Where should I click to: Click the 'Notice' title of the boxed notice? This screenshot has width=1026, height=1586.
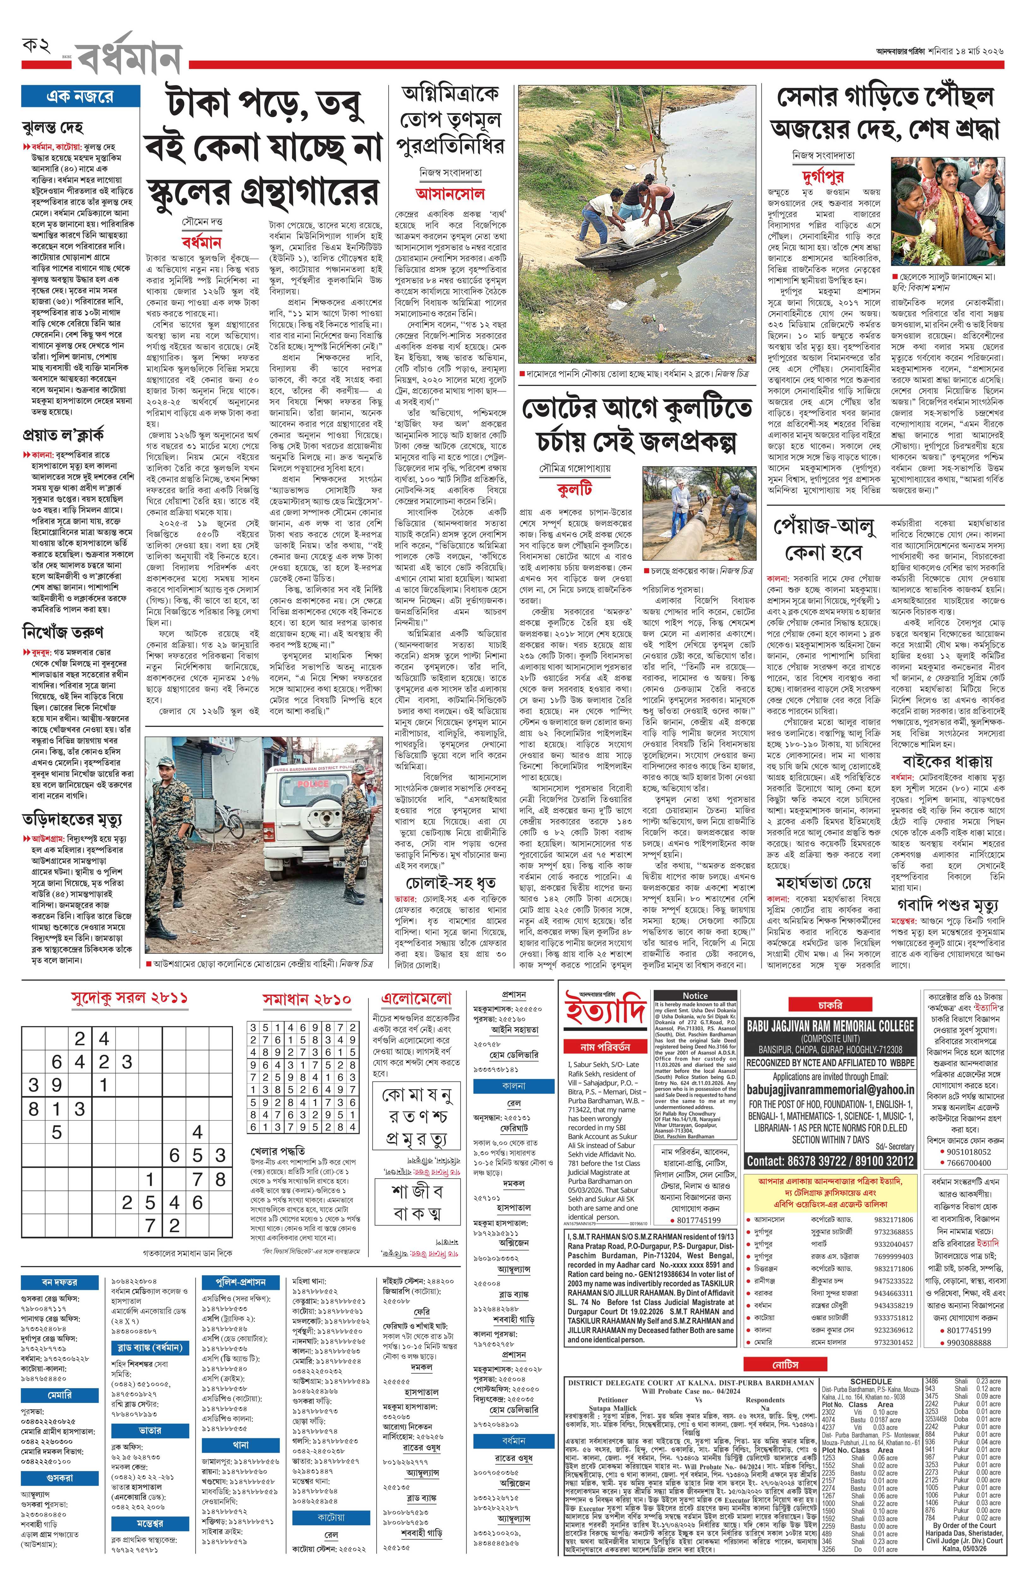click(x=695, y=995)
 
